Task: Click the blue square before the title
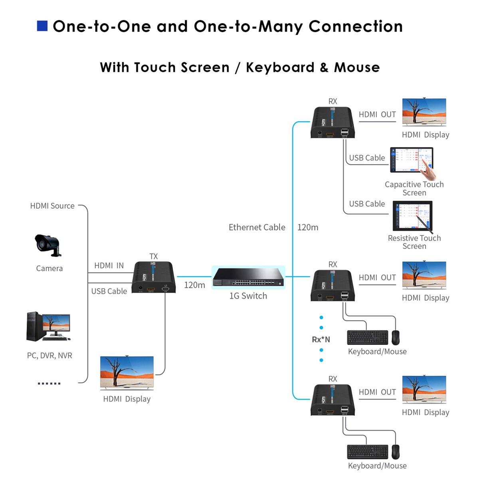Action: coord(42,26)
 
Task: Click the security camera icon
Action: coord(48,245)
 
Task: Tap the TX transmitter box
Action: coord(154,277)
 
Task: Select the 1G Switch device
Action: coord(248,277)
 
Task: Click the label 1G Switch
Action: coord(248,296)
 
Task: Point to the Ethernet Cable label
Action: coord(257,227)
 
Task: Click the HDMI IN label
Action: coord(109,265)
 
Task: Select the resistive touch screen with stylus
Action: coord(412,216)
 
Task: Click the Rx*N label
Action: coord(321,340)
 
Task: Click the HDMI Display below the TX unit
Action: coord(127,372)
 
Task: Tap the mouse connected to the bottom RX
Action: coord(395,452)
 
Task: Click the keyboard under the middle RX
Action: coord(367,337)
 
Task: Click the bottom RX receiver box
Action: coord(333,400)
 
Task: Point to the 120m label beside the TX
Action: coord(194,285)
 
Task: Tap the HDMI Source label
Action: coord(52,206)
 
